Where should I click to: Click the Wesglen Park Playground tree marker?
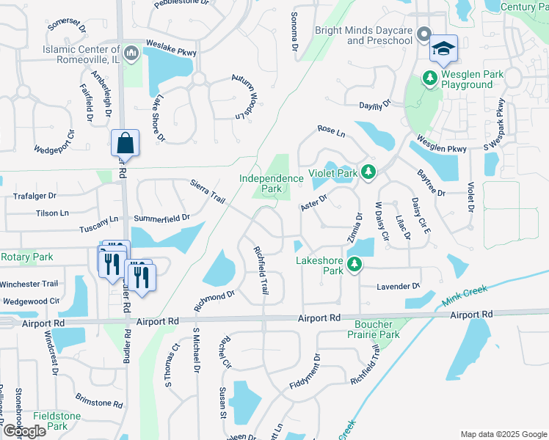pyautogui.click(x=430, y=77)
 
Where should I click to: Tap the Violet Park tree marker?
pyautogui.click(x=368, y=173)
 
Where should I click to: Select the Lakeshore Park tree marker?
pyautogui.click(x=355, y=264)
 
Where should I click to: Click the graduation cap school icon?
pyautogui.click(x=443, y=48)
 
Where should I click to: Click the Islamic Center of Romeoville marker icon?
pyautogui.click(x=131, y=52)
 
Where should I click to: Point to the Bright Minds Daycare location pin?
pyautogui.click(x=424, y=34)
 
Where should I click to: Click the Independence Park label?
pyautogui.click(x=272, y=183)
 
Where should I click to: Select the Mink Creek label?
pyautogui.click(x=465, y=296)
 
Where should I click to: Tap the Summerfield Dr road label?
pyautogui.click(x=161, y=218)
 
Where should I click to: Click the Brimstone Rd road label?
pyautogui.click(x=98, y=403)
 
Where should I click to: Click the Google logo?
pyautogui.click(x=25, y=431)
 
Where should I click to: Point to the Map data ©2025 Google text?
pyautogui.click(x=503, y=434)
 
